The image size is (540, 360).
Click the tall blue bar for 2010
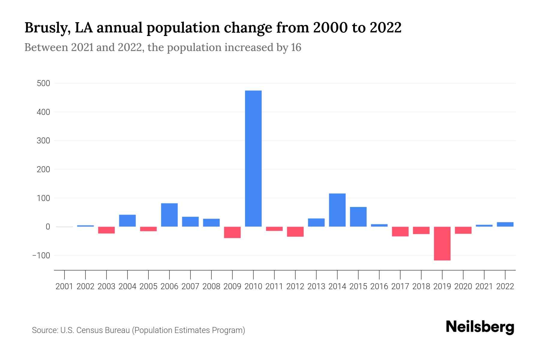pos(253,158)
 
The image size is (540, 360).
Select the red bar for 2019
pos(442,243)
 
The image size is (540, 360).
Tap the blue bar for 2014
pos(337,210)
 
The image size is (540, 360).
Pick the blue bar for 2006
pos(169,215)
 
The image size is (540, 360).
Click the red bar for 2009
pos(232,232)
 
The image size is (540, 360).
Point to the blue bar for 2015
pos(358,217)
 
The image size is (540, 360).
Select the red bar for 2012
pos(295,232)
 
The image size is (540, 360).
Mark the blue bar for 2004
pos(127,220)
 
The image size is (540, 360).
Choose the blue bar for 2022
pos(505,224)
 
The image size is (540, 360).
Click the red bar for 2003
pos(106,230)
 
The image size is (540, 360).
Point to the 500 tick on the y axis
pos(43,83)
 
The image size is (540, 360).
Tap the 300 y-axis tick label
pos(43,141)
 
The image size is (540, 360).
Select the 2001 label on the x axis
pos(64,286)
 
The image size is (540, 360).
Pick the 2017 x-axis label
pos(400,286)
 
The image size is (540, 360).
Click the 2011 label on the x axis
pos(274,286)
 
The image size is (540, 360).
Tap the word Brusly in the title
pos(48,28)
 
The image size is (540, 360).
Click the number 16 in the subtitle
pos(296,47)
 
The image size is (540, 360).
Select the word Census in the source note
pos(89,330)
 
